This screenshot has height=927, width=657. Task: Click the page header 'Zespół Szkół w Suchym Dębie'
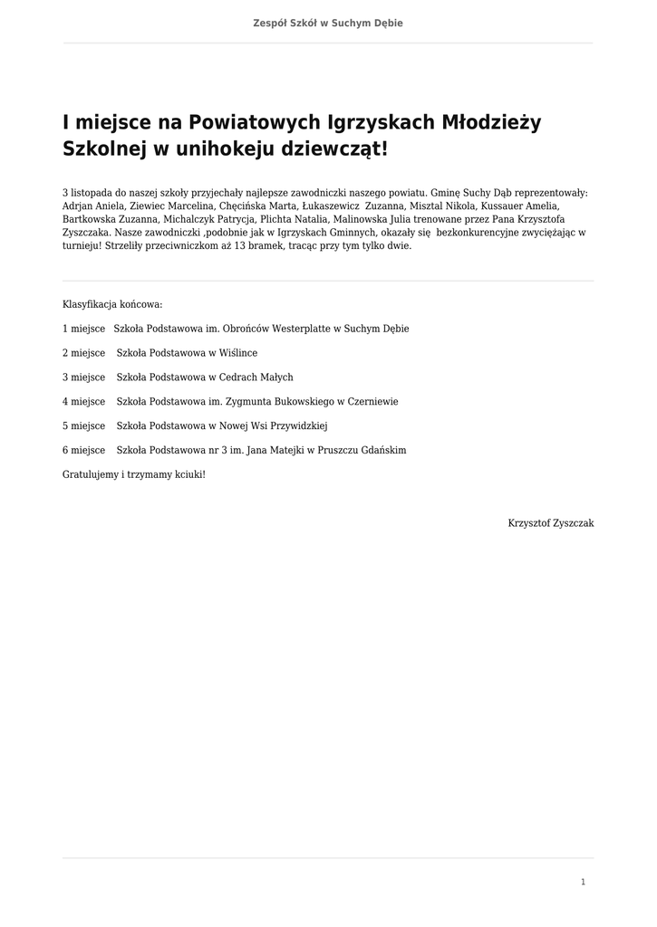[x=328, y=23]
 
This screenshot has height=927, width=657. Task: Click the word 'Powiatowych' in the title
[x=262, y=122]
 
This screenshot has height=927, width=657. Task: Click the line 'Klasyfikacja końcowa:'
[x=112, y=304]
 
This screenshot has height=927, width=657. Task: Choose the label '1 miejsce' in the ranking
[x=83, y=329]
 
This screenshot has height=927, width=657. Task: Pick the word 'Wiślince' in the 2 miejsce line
[x=238, y=353]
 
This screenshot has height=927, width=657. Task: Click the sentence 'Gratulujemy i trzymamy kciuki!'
[x=134, y=474]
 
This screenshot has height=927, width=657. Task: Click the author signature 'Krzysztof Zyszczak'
[x=551, y=523]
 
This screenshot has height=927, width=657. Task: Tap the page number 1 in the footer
[x=583, y=882]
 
